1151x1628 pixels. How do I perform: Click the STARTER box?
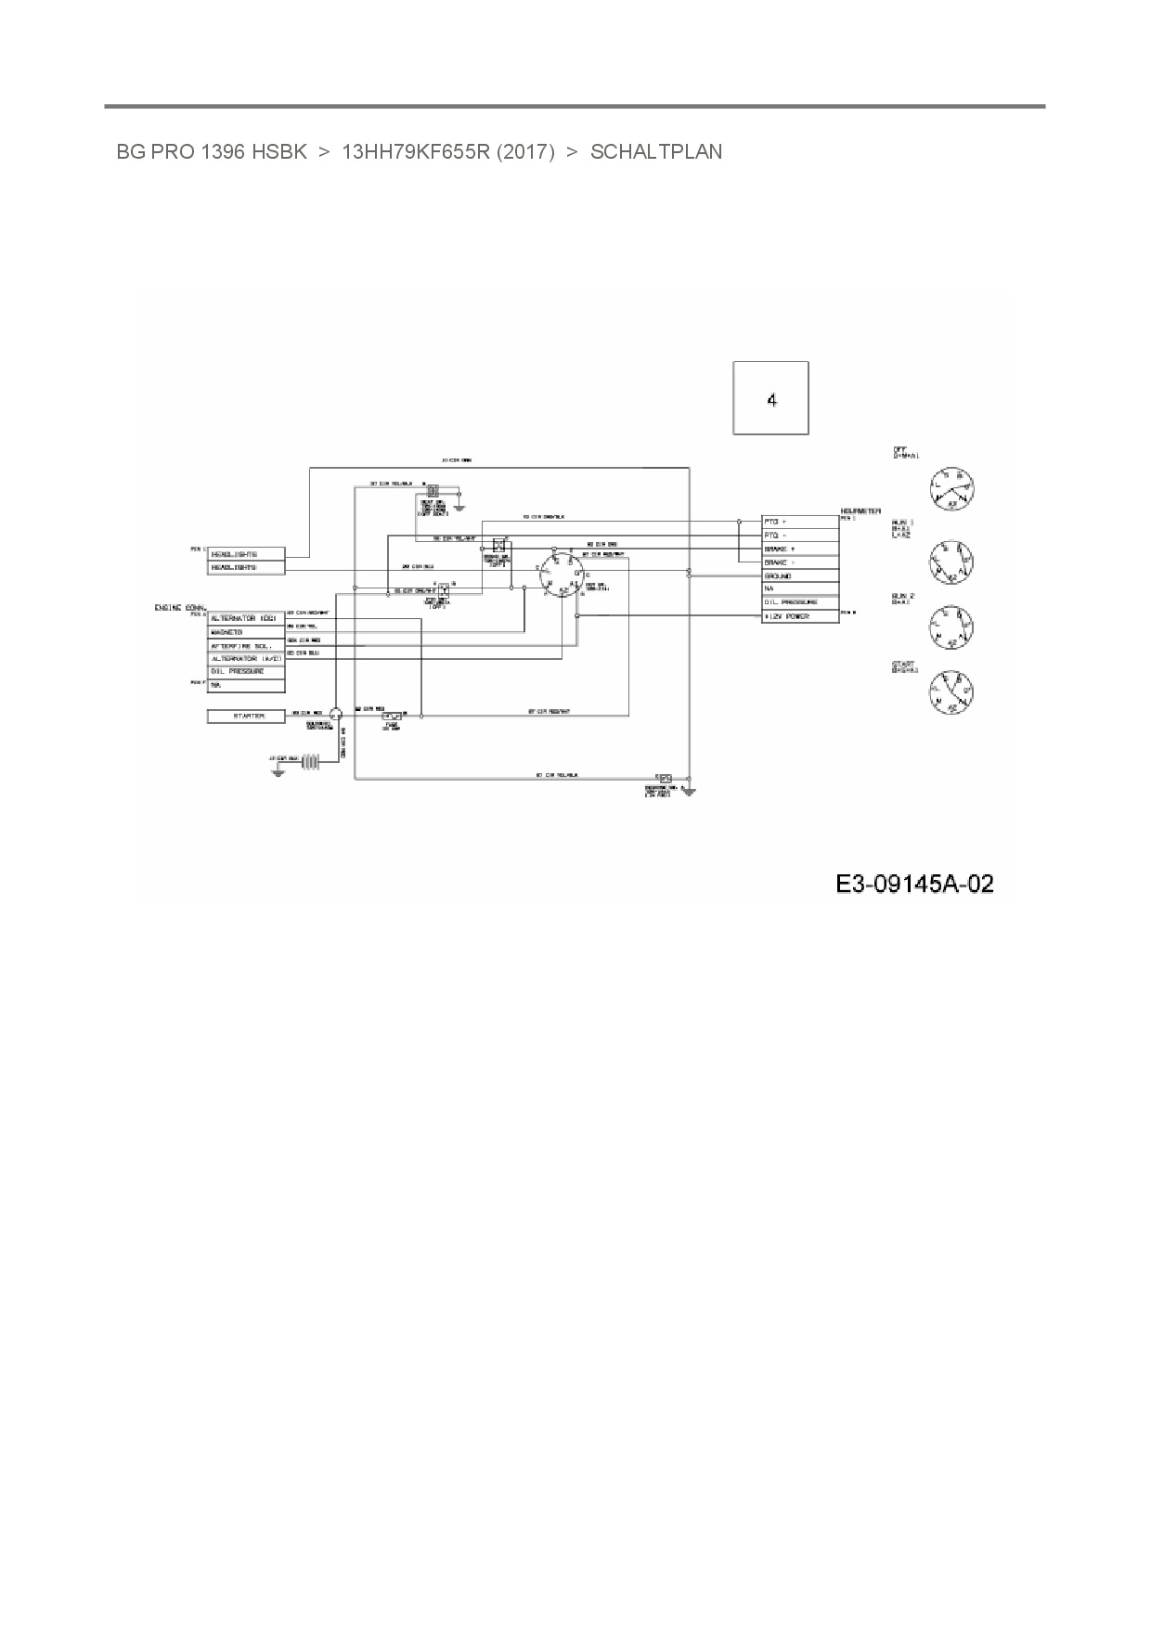(x=245, y=716)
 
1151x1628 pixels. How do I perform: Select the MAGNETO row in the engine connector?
(x=245, y=632)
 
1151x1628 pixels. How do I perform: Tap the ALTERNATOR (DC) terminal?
(x=245, y=618)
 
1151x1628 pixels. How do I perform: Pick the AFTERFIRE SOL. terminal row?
(x=245, y=645)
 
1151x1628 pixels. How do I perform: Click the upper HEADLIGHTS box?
(x=245, y=554)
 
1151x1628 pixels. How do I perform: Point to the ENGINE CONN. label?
(x=180, y=607)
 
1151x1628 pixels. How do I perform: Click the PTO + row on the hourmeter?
(x=799, y=522)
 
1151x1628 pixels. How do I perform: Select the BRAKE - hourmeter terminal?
(x=799, y=562)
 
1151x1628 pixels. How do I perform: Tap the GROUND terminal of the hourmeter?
(x=799, y=575)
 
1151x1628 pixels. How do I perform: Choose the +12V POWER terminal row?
(x=799, y=616)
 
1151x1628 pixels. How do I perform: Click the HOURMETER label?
(x=860, y=511)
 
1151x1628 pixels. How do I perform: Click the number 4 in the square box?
(x=771, y=400)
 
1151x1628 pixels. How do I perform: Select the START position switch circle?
(x=951, y=692)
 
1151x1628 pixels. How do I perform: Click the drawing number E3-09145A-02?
(x=914, y=884)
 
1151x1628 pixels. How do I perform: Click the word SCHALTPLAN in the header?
(x=656, y=152)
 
